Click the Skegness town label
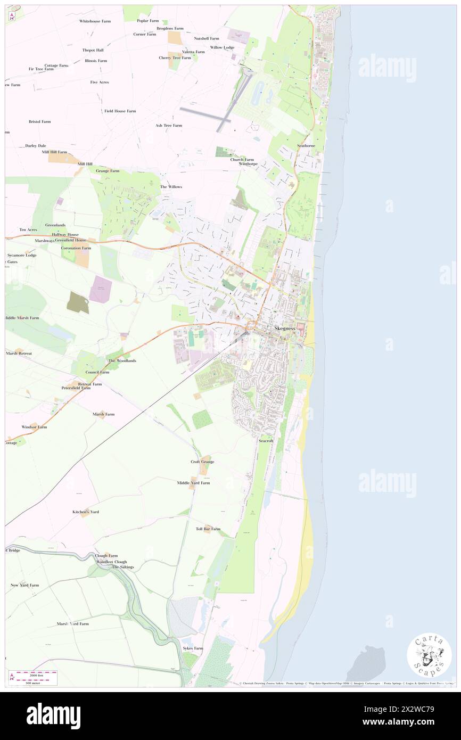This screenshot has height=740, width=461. [x=285, y=328]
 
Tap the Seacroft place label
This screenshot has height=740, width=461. [x=266, y=441]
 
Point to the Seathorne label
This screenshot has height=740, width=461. [x=306, y=146]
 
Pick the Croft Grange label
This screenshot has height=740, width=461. [x=202, y=462]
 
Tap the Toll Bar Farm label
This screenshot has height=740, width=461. [x=208, y=529]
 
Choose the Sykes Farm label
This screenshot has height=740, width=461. [x=193, y=648]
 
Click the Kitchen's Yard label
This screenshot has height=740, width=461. [x=86, y=512]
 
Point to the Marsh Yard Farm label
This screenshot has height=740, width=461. [x=72, y=623]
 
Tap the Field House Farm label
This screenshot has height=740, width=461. [x=120, y=111]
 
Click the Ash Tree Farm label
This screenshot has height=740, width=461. [x=169, y=125]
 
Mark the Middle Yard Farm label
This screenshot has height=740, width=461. [x=194, y=482]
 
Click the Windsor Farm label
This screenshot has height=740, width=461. [x=34, y=427]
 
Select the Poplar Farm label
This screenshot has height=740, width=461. [x=148, y=21]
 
